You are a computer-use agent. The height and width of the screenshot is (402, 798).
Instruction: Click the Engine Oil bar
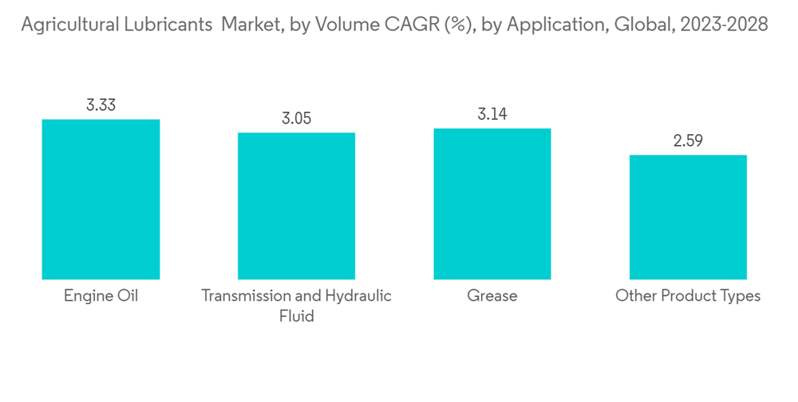click(x=101, y=199)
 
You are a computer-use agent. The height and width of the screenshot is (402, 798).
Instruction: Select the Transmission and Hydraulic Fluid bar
click(x=296, y=206)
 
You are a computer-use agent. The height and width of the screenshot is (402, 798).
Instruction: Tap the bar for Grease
click(x=492, y=203)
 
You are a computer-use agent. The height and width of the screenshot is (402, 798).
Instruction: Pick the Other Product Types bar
click(x=688, y=217)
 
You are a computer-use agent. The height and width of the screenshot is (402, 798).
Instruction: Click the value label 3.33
click(x=101, y=105)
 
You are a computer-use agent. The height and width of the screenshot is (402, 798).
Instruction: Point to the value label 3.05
click(x=296, y=119)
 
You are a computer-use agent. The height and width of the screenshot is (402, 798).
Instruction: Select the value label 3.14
click(x=492, y=114)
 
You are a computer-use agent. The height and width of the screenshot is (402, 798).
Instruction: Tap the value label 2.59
click(x=688, y=141)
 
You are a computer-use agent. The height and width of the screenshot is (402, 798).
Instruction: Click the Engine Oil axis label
click(x=101, y=296)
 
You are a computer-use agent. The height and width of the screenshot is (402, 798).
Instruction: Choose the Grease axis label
click(x=492, y=296)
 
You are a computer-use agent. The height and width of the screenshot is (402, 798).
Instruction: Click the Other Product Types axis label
click(x=688, y=296)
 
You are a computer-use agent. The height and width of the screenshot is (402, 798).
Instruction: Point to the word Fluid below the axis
click(x=296, y=316)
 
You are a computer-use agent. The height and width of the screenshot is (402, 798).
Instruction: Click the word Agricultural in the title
click(x=68, y=26)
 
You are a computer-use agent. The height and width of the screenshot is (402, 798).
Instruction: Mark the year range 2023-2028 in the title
click(x=722, y=26)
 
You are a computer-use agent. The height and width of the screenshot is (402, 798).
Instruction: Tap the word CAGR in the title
click(x=412, y=26)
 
